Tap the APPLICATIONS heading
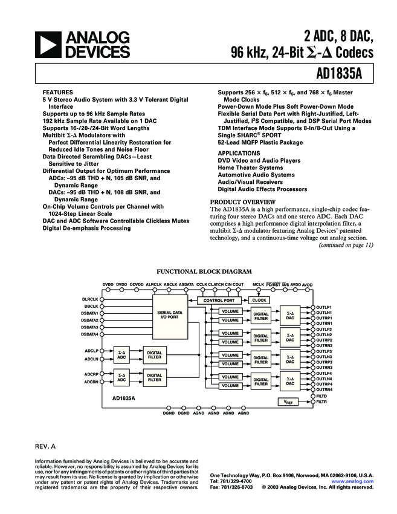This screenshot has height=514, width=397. [x=239, y=154]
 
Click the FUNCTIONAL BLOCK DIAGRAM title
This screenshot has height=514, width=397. [x=204, y=272]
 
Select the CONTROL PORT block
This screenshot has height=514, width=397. [x=218, y=300]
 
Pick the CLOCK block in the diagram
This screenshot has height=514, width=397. [x=259, y=300]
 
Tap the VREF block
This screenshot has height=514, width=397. [x=289, y=402]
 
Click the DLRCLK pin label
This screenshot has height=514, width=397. [x=90, y=299]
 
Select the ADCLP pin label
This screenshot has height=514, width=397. [x=91, y=351]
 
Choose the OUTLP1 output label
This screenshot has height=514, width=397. [x=324, y=307]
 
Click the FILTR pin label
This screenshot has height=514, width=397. [x=321, y=402]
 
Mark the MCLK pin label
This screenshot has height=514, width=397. [x=259, y=284]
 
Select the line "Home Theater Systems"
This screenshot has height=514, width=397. [x=250, y=168]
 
